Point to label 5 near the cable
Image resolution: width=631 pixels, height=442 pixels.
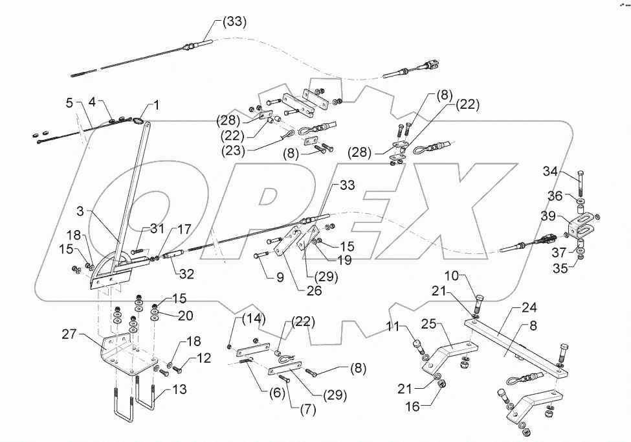[69, 102]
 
